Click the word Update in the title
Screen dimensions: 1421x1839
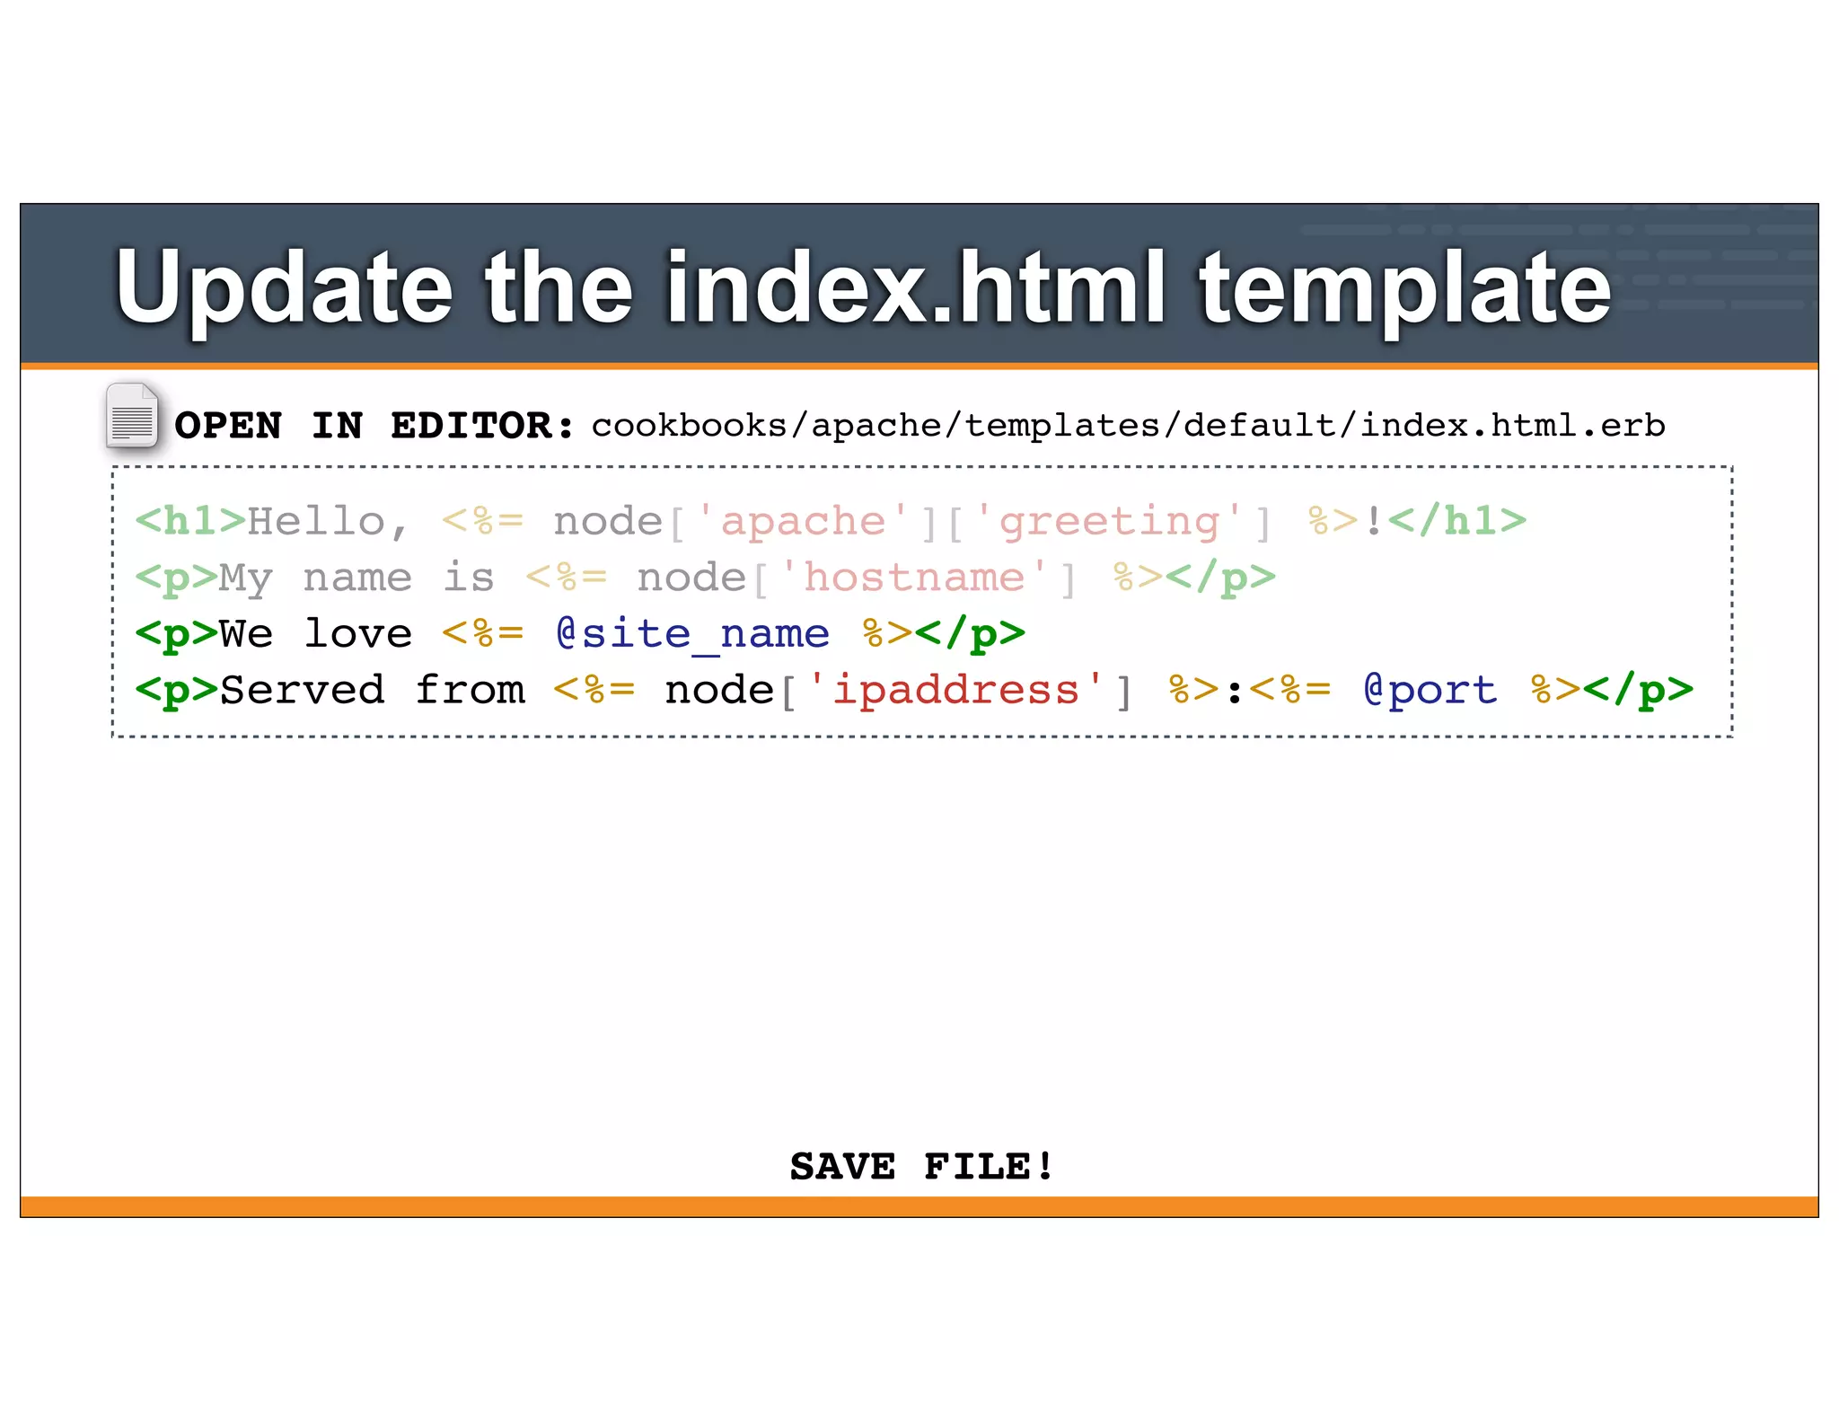pyautogui.click(x=284, y=287)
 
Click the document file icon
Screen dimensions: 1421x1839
pyautogui.click(x=132, y=416)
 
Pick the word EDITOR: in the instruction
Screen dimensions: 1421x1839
pyautogui.click(x=482, y=426)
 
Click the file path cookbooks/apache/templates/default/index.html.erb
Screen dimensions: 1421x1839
pyautogui.click(x=1128, y=426)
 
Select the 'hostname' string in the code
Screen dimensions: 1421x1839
pyautogui.click(x=913, y=578)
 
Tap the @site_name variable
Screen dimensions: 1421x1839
pyautogui.click(x=692, y=634)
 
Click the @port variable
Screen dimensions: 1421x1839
pyautogui.click(x=1430, y=690)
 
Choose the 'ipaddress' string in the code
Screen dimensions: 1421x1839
pyautogui.click(x=956, y=691)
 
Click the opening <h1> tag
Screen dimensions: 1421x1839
pyautogui.click(x=190, y=522)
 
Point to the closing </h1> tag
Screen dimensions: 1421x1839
pyautogui.click(x=1456, y=522)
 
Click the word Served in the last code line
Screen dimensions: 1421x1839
pyautogui.click(x=302, y=690)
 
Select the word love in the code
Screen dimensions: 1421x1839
pyautogui.click(x=358, y=634)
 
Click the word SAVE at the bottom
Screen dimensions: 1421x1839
pyautogui.click(x=842, y=1167)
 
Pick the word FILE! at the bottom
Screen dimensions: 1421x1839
pyautogui.click(x=988, y=1167)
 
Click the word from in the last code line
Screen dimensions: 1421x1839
pyautogui.click(x=470, y=690)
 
